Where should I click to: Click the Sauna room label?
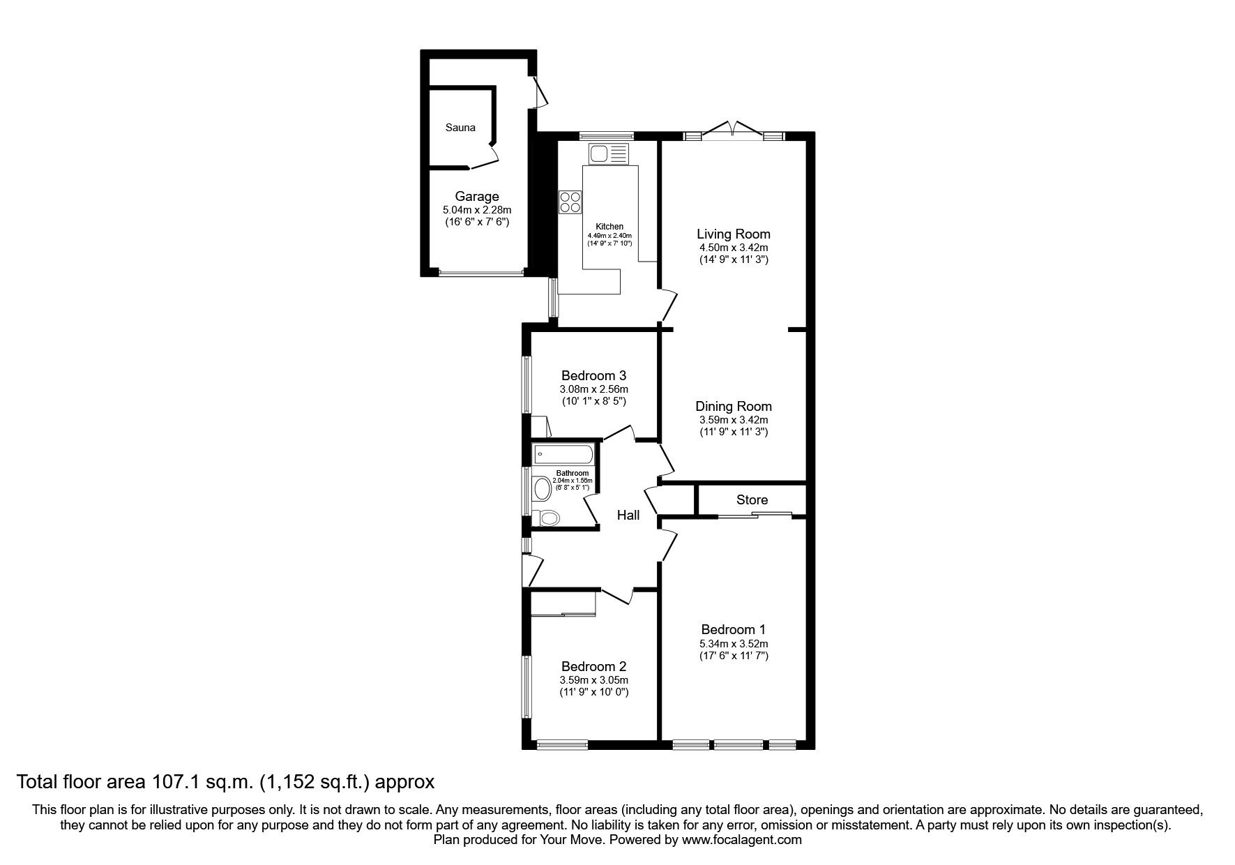460,128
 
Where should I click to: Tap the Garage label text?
477,197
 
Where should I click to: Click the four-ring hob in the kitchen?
570,202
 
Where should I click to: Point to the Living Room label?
734,234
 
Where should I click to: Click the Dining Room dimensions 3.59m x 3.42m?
734,420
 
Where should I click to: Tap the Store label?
752,499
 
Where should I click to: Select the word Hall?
628,516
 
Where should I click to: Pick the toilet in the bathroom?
546,518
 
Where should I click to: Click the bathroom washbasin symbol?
541,488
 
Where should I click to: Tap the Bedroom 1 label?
733,629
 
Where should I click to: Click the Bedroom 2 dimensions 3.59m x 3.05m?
594,680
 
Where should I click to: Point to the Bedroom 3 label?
593,376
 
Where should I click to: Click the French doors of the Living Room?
732,131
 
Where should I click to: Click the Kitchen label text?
609,227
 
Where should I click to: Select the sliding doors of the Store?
755,516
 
